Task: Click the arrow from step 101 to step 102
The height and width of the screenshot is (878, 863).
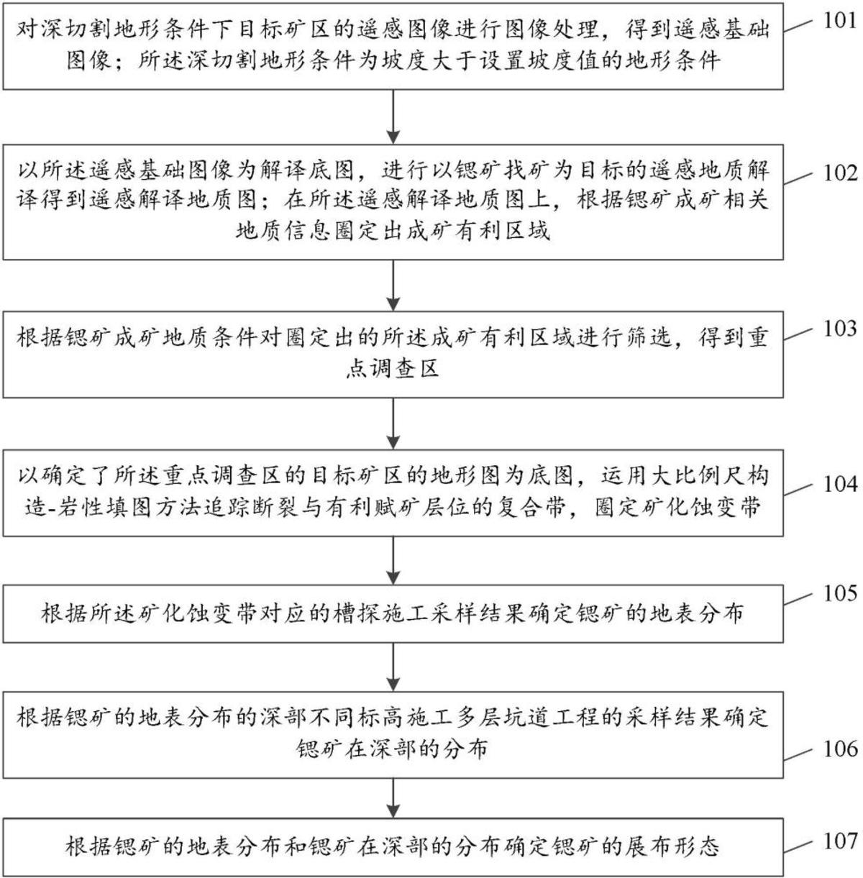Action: pos(393,117)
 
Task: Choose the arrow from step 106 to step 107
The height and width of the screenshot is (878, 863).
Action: pos(393,797)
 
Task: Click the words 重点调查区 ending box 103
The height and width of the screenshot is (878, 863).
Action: pos(393,369)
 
